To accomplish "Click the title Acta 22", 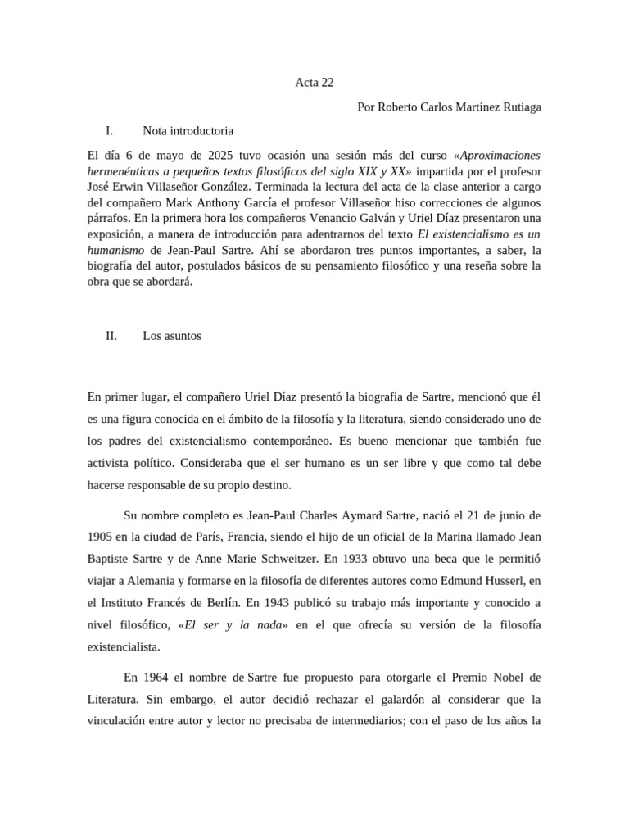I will click(x=314, y=83).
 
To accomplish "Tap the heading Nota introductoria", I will click(x=188, y=130).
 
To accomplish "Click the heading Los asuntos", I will click(x=172, y=336).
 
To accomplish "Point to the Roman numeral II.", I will click(x=111, y=336).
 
